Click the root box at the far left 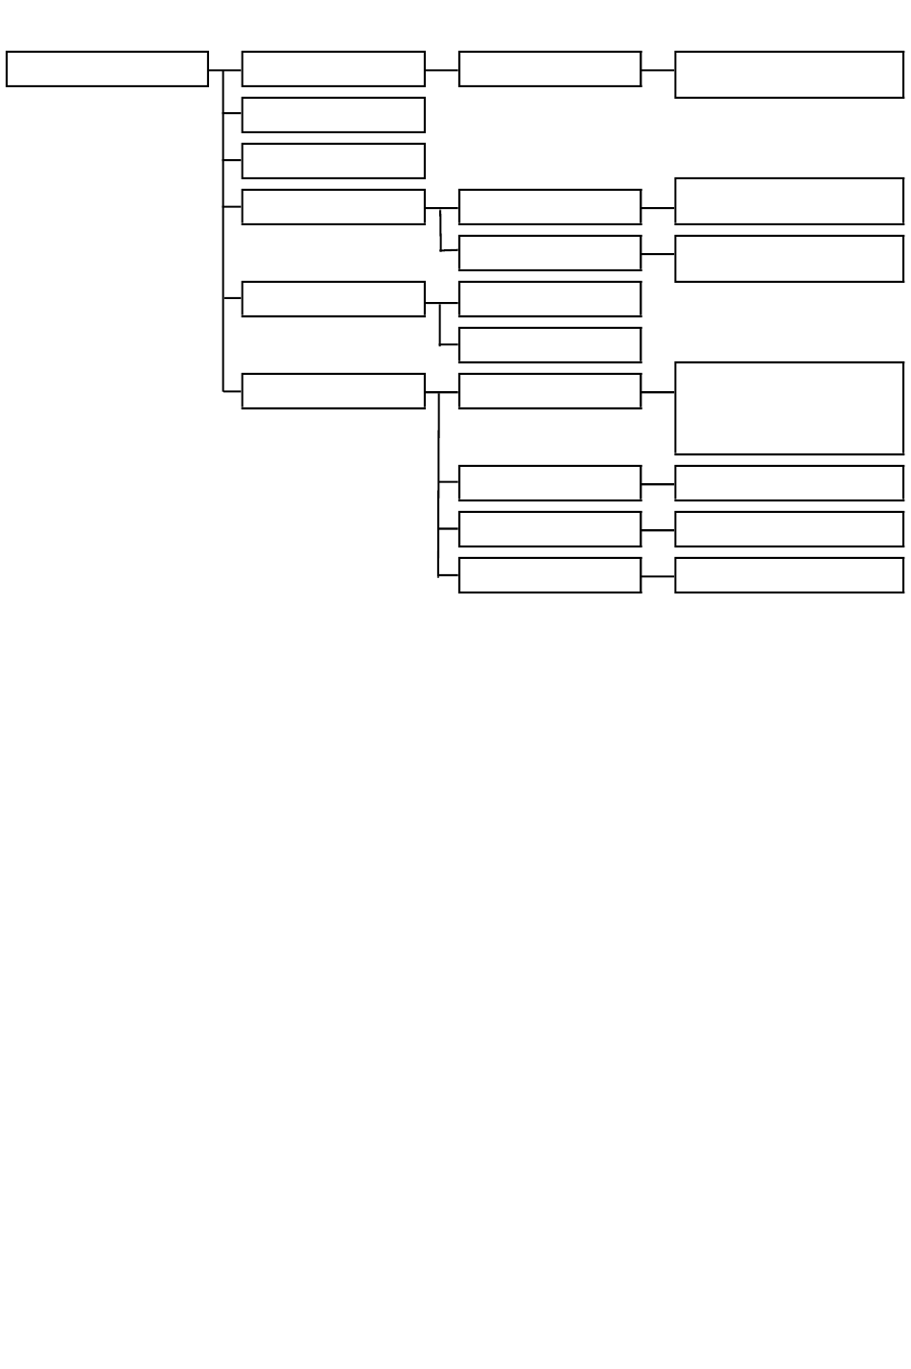point(107,69)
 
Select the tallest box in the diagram point(789,407)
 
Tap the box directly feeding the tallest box point(549,391)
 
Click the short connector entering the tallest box point(658,391)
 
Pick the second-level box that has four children point(333,391)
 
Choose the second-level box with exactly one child point(333,69)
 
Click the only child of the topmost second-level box point(549,69)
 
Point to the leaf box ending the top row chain point(789,75)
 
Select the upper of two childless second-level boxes point(333,115)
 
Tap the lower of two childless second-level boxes point(333,161)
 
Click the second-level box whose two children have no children point(333,299)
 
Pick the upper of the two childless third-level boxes point(549,299)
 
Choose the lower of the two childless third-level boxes point(549,345)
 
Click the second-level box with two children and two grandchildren point(333,207)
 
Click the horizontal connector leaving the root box point(216,70)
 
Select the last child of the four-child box point(549,575)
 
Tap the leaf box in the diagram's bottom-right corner point(789,575)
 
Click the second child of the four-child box point(549,483)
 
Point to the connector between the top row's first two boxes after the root point(441,69)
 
